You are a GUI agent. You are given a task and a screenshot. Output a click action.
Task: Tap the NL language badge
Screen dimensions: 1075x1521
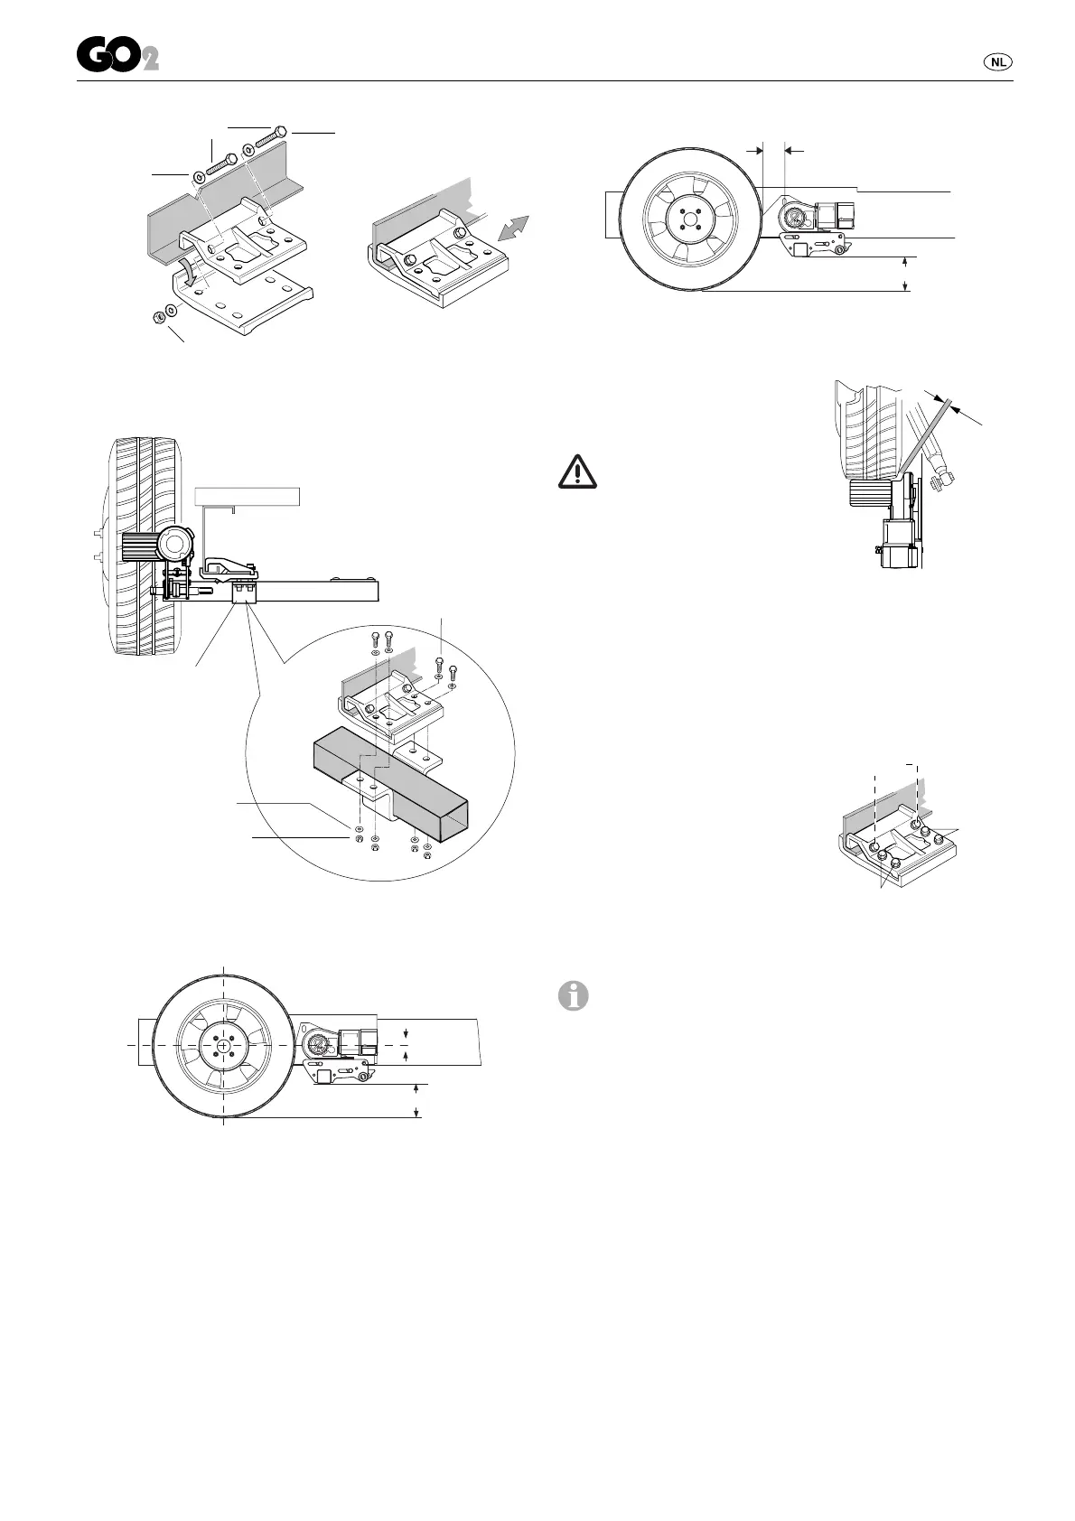point(996,62)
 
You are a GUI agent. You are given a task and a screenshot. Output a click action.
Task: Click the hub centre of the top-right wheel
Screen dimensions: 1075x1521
point(691,220)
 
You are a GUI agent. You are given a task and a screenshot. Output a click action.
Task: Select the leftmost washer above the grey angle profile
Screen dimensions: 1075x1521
point(198,175)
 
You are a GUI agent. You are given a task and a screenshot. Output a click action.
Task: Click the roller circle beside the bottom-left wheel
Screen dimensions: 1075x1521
point(319,1044)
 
